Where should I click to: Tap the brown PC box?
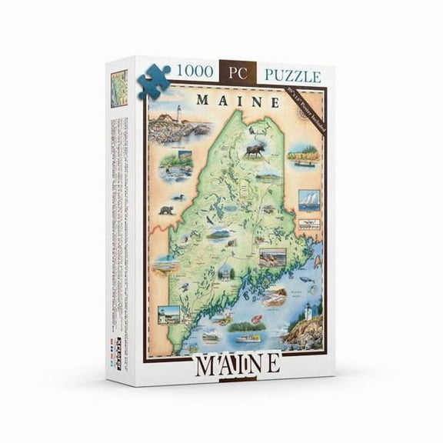pyautogui.click(x=232, y=74)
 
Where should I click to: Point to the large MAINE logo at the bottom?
pyautogui.click(x=238, y=364)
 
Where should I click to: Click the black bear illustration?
pyautogui.click(x=165, y=208)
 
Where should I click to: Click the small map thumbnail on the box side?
pyautogui.click(x=119, y=88)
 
